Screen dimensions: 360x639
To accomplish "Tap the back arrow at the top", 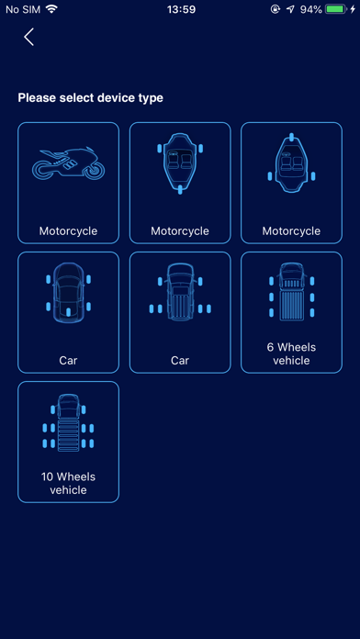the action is click(x=28, y=37).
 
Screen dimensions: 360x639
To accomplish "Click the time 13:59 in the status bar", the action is click(x=181, y=9).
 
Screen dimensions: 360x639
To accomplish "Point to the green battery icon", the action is click(x=336, y=9).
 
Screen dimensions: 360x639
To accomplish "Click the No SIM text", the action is click(x=23, y=9).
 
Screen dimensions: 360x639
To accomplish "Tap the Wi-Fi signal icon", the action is click(x=51, y=9).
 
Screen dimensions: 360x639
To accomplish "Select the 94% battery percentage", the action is click(x=311, y=9).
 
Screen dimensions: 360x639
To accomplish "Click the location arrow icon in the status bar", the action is click(x=290, y=9).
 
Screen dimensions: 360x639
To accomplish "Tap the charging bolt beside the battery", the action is click(x=353, y=9).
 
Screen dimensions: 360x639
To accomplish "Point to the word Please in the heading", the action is click(x=37, y=98).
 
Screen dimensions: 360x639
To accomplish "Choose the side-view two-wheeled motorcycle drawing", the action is click(x=69, y=163).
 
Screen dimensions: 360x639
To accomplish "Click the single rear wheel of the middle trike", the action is click(x=180, y=189).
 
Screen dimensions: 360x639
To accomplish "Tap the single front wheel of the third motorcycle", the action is click(x=291, y=138).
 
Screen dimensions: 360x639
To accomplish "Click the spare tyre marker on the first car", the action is click(x=69, y=312).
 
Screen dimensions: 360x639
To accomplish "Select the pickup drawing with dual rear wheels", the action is click(x=180, y=292).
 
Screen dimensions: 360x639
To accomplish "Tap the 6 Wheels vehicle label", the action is click(x=291, y=353).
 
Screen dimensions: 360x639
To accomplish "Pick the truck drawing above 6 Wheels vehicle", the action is click(x=291, y=291).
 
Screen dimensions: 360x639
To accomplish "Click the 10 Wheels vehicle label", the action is click(x=69, y=483).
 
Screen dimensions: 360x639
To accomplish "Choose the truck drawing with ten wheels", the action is click(x=69, y=422).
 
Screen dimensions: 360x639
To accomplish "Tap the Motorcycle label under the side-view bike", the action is click(x=69, y=231).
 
